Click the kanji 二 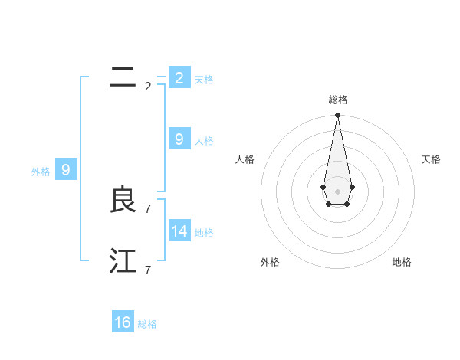pyautogui.click(x=123, y=77)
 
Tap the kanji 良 pyautogui.click(x=123, y=201)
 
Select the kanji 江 pyautogui.click(x=123, y=262)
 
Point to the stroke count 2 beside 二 pyautogui.click(x=148, y=87)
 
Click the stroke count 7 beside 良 pyautogui.click(x=148, y=208)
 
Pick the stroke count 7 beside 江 pyautogui.click(x=148, y=270)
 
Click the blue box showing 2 pyautogui.click(x=179, y=77)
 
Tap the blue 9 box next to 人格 pyautogui.click(x=179, y=139)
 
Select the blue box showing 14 pyautogui.click(x=179, y=231)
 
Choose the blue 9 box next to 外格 pyautogui.click(x=65, y=170)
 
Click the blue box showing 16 pyautogui.click(x=123, y=322)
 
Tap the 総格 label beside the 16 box pyautogui.click(x=147, y=324)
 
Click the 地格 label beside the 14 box pyautogui.click(x=204, y=233)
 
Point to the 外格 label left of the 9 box pyautogui.click(x=41, y=172)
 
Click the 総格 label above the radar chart pyautogui.click(x=337, y=100)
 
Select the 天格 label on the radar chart pyautogui.click(x=431, y=159)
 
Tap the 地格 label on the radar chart pyautogui.click(x=402, y=262)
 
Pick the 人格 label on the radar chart pyautogui.click(x=245, y=159)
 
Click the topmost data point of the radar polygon pyautogui.click(x=337, y=116)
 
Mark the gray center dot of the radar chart pyautogui.click(x=337, y=191)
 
